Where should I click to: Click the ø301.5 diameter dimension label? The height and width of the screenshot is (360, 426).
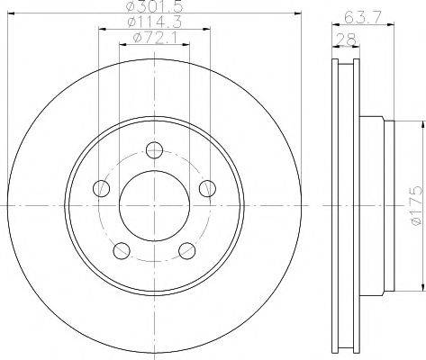click(154, 6)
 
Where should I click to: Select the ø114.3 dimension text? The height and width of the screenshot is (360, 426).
click(154, 22)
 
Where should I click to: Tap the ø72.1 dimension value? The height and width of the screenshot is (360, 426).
click(156, 38)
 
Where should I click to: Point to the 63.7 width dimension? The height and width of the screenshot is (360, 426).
click(362, 17)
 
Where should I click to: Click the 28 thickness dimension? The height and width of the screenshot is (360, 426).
click(346, 40)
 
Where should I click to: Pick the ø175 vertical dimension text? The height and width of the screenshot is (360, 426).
click(417, 205)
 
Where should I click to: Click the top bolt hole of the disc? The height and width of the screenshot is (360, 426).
click(154, 149)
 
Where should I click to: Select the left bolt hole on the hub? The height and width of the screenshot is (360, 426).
click(102, 188)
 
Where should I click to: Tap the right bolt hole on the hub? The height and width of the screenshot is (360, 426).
click(208, 188)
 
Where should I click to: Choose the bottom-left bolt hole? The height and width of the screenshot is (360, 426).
click(122, 250)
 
